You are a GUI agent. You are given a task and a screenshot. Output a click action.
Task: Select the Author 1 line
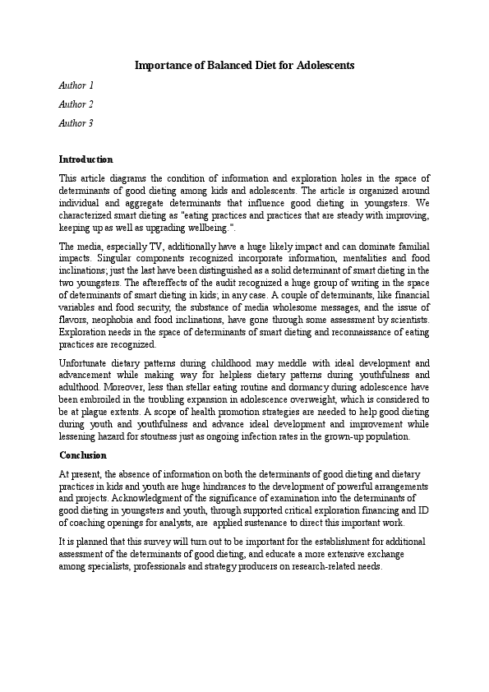76,85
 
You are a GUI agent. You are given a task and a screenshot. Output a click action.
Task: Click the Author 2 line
76,104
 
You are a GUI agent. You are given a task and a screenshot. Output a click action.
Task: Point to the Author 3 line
76,123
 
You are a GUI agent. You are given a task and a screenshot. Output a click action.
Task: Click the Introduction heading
86,159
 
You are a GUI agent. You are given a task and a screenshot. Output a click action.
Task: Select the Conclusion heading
83,455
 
